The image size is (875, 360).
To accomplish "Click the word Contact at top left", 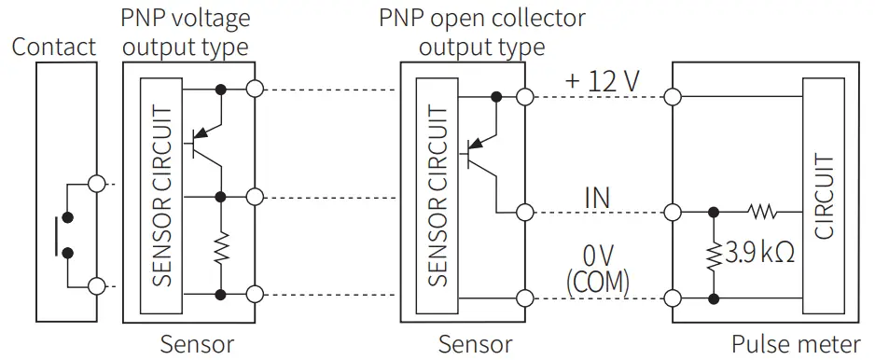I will [53, 47].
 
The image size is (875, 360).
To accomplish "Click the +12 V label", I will [602, 81].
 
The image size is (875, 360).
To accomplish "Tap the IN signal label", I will [597, 197].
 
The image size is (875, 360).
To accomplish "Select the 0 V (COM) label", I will [597, 267].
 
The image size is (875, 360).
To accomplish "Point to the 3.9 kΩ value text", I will [761, 252].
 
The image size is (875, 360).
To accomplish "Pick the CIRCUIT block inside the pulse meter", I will [824, 197].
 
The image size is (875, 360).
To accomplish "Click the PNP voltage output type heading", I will [186, 31].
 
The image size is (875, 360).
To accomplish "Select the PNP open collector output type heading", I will [481, 31].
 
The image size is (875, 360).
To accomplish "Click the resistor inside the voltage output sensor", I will [221, 247].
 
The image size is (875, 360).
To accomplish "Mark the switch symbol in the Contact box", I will [66, 234].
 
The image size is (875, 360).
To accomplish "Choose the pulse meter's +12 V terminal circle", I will [672, 95].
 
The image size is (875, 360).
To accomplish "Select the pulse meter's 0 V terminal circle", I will [672, 298].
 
